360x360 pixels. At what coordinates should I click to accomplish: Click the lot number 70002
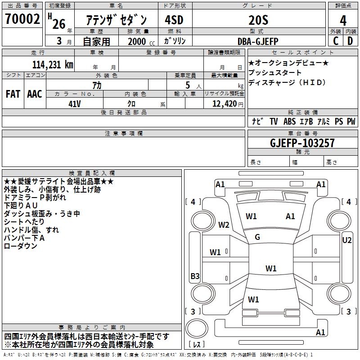(22, 20)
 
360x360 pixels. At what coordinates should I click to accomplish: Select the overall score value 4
(343, 20)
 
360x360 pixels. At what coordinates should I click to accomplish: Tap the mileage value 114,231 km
(53, 64)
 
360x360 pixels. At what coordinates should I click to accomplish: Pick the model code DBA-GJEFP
(258, 41)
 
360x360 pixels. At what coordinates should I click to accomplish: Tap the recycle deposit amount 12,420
(223, 103)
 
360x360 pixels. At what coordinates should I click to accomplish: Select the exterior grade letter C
(335, 41)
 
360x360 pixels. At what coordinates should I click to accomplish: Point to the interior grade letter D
(350, 41)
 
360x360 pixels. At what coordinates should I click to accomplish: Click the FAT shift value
(13, 94)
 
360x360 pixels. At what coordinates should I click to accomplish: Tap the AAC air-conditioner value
(35, 94)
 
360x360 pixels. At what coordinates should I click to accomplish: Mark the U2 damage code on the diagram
(346, 240)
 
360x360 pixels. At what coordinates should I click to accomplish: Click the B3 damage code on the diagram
(194, 276)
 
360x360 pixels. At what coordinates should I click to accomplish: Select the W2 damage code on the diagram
(224, 225)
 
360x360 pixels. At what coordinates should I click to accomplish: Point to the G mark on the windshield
(257, 237)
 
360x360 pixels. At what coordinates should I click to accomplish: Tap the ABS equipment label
(289, 121)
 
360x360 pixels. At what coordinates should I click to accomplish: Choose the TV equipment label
(274, 121)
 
